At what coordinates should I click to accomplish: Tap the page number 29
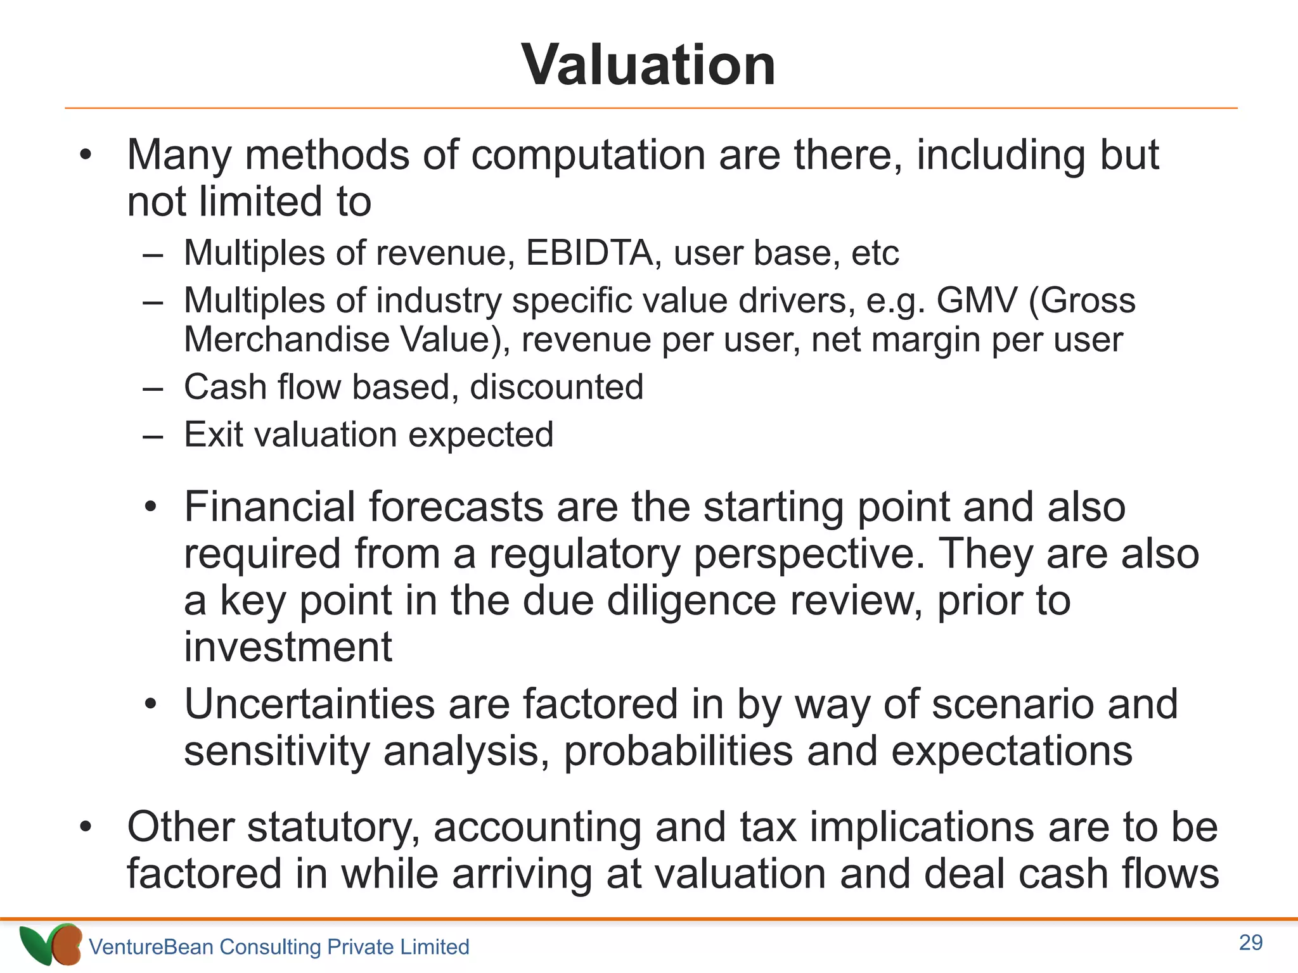pos(1250,943)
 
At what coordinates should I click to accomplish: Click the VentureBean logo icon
pos(51,944)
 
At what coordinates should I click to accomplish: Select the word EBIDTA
pos(589,253)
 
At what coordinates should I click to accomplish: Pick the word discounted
pos(556,387)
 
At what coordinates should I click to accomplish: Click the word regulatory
pos(584,554)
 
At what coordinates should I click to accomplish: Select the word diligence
pos(691,601)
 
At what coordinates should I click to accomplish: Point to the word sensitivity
pos(276,751)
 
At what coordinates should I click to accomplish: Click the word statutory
pos(333,827)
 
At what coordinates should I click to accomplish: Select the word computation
pos(588,155)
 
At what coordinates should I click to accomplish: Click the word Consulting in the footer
pos(271,947)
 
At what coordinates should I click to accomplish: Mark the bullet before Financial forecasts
pos(150,507)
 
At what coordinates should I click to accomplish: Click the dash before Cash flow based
pos(153,388)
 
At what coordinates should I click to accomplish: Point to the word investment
pos(288,647)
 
